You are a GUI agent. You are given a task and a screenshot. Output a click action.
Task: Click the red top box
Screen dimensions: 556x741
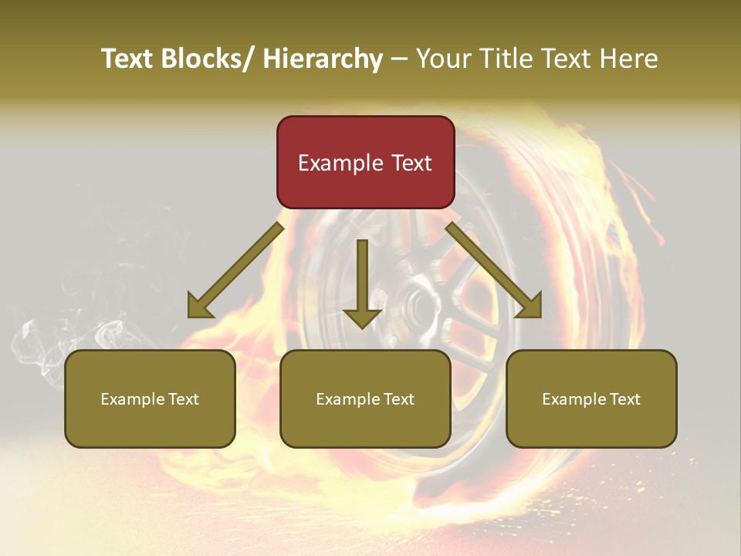tap(365, 162)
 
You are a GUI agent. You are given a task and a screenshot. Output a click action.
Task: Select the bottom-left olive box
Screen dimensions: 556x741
tap(150, 398)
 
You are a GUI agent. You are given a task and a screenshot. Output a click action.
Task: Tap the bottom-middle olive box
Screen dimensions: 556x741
tap(365, 398)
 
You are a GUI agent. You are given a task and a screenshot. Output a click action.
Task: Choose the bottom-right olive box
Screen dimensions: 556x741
tap(591, 398)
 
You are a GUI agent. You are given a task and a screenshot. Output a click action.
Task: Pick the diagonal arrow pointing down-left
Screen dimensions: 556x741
tap(235, 270)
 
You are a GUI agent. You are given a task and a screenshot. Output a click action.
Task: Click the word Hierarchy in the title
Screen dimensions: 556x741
tap(323, 59)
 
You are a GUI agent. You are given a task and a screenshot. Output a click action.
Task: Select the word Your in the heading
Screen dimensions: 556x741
tap(442, 59)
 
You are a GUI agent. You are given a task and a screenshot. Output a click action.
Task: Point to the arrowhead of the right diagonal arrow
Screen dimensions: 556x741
tap(529, 308)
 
